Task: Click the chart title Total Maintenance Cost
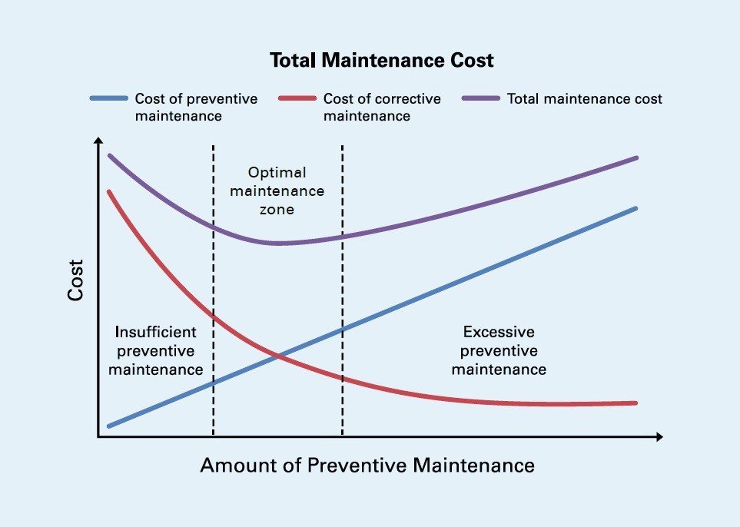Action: tap(381, 61)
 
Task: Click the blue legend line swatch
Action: tap(108, 99)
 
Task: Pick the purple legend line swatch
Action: tap(480, 99)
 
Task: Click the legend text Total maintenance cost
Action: tap(584, 99)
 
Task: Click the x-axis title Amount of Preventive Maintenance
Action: tap(367, 466)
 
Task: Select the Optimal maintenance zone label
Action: tap(277, 191)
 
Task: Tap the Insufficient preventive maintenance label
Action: tap(156, 350)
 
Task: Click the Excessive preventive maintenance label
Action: tap(499, 350)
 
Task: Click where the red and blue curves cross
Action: tap(277, 356)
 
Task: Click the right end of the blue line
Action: tap(636, 208)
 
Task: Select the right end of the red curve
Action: tap(636, 403)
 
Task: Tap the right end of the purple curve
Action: tap(636, 158)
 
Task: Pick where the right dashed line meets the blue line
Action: tap(342, 329)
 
